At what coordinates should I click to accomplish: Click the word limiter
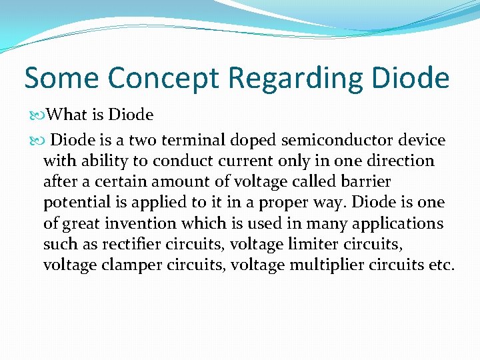pyautogui.click(x=322, y=244)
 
